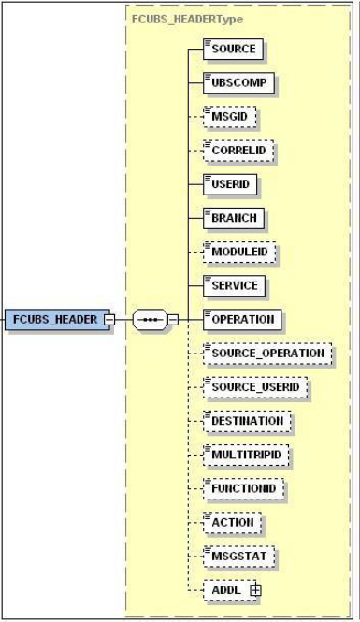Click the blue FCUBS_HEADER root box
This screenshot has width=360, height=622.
coord(52,319)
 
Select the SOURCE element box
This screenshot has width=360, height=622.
coord(232,49)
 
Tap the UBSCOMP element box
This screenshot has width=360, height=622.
coord(238,82)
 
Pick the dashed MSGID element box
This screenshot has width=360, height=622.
coord(230,116)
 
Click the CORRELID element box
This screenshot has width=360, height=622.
coord(238,150)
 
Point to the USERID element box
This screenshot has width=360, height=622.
coord(230,183)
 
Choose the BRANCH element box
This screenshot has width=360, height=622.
coord(233,217)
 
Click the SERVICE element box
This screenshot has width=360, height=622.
coord(235,284)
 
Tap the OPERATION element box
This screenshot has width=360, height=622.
coord(242,319)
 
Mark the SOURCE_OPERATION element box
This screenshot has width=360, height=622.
coord(267,353)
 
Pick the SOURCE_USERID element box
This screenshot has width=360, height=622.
coord(255,386)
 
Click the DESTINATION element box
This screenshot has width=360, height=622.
coord(247,420)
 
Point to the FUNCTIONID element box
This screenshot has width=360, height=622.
coord(243,488)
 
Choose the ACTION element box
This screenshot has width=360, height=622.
coord(232,522)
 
